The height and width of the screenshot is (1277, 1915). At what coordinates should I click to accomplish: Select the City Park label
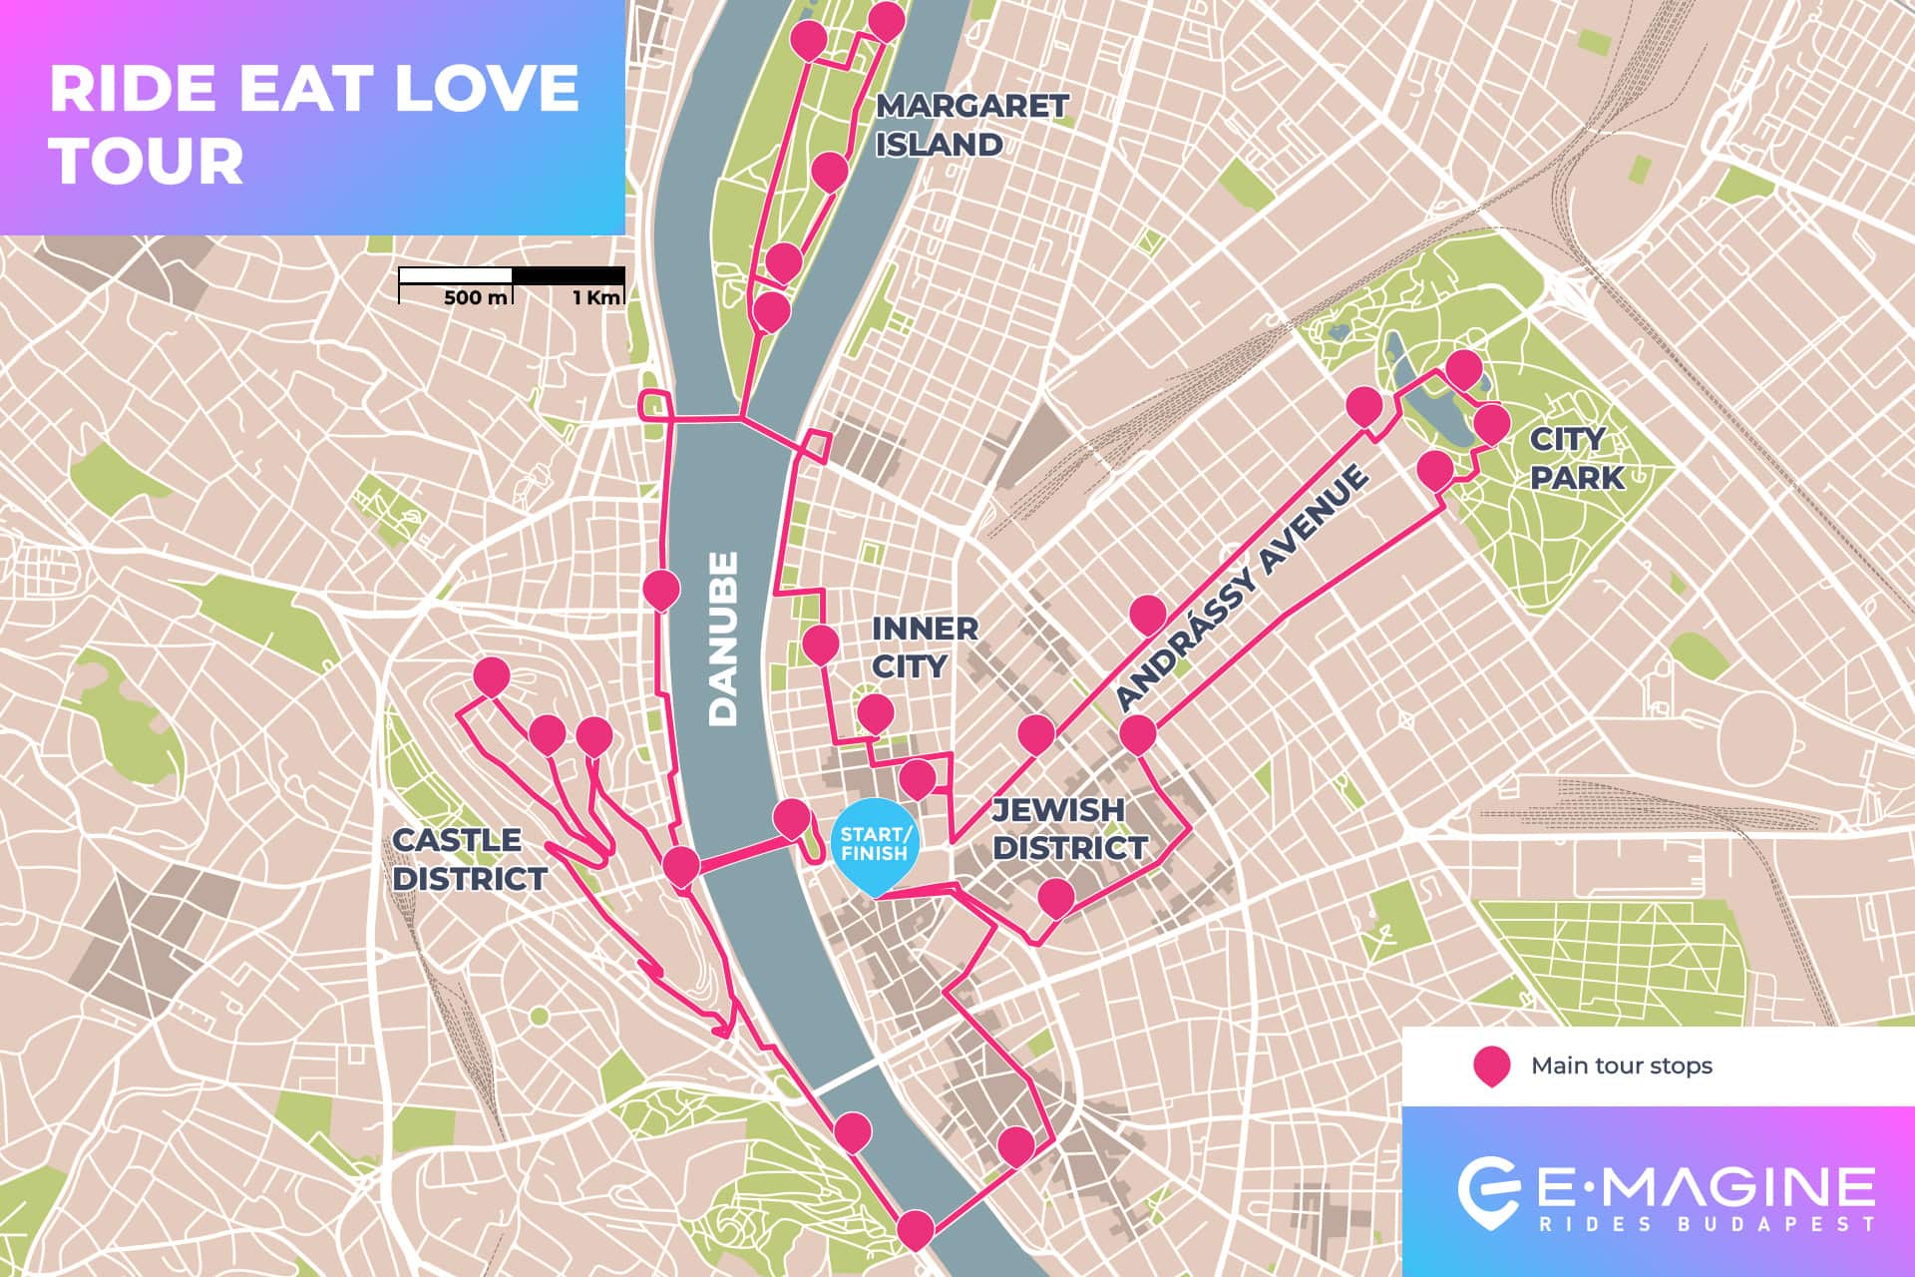click(1576, 458)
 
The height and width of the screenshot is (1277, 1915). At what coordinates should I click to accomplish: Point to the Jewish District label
click(1069, 828)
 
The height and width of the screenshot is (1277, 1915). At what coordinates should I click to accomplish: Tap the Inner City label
click(924, 646)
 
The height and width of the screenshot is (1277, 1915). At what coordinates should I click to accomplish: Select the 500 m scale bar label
click(475, 297)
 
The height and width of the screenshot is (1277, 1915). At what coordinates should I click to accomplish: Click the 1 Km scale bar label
click(595, 297)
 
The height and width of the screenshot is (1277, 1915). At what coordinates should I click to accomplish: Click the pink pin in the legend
click(1491, 1064)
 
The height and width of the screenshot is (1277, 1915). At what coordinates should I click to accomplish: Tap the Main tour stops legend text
click(1622, 1065)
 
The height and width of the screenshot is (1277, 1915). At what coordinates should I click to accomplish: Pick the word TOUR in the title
click(147, 161)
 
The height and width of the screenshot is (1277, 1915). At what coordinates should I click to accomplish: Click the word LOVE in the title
click(485, 88)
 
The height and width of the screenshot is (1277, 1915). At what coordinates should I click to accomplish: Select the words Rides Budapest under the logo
click(1707, 1224)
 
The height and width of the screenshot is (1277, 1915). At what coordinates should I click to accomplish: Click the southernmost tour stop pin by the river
click(916, 1227)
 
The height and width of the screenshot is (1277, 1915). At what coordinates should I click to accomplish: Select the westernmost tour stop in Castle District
click(491, 675)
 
